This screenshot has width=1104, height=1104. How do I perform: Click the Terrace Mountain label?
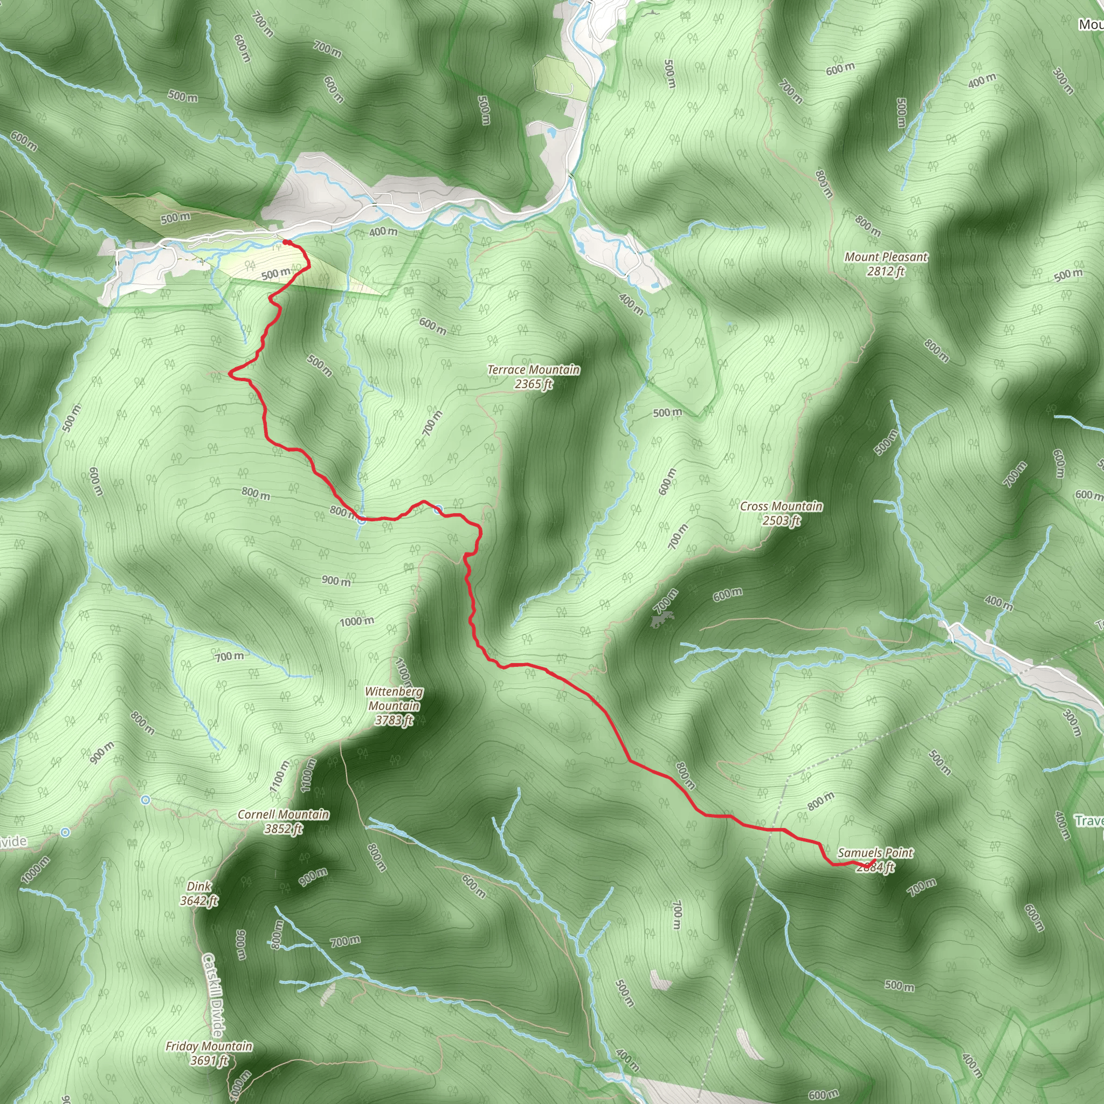pyautogui.click(x=533, y=370)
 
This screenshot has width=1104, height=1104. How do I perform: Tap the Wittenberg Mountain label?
pyautogui.click(x=394, y=698)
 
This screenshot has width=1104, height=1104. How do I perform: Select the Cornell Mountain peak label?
pyautogui.click(x=283, y=815)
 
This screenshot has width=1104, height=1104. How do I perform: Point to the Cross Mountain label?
pyautogui.click(x=781, y=506)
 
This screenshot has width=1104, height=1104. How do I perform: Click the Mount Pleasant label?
pyautogui.click(x=886, y=257)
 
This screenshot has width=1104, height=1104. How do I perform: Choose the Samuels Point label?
pyautogui.click(x=875, y=853)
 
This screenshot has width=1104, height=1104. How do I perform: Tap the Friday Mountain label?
pyautogui.click(x=209, y=1046)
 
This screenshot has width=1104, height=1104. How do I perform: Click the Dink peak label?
pyautogui.click(x=199, y=886)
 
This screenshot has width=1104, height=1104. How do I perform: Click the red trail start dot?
pyautogui.click(x=285, y=242)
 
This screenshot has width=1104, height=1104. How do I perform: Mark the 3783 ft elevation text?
pyautogui.click(x=394, y=721)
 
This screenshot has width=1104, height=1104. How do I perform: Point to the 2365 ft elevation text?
pyautogui.click(x=533, y=384)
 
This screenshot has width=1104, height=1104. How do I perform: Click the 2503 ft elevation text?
pyautogui.click(x=781, y=521)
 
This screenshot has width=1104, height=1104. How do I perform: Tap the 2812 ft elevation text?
pyautogui.click(x=886, y=272)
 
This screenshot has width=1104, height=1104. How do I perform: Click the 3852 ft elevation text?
pyautogui.click(x=283, y=829)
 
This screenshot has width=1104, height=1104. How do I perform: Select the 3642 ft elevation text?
pyautogui.click(x=199, y=901)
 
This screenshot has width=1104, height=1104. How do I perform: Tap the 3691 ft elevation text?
pyautogui.click(x=209, y=1060)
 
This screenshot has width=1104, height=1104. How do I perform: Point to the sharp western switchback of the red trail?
pyautogui.click(x=230, y=374)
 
